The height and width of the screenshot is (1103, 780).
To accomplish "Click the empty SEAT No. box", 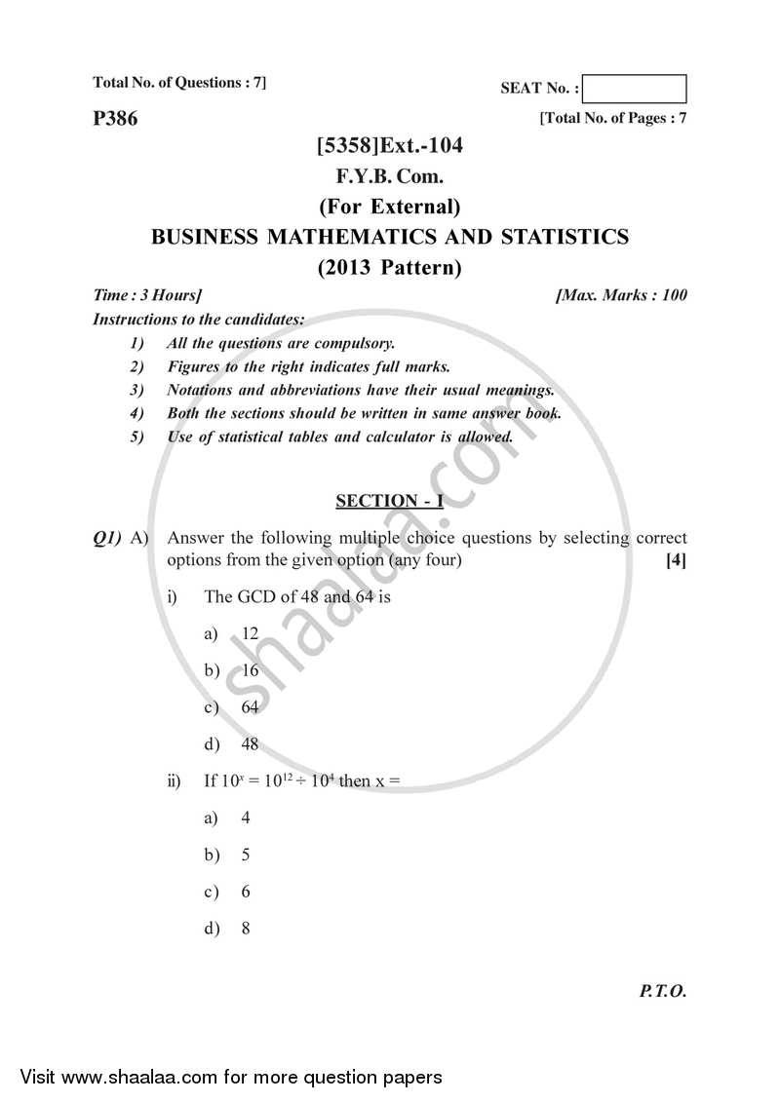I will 638,89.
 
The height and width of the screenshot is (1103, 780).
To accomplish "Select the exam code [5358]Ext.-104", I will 389,146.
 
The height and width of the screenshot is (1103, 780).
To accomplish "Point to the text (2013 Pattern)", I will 389,267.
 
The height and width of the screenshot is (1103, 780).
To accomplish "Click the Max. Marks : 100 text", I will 621,294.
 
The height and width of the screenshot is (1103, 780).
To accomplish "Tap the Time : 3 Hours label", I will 147,294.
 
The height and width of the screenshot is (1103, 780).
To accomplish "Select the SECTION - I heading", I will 389,501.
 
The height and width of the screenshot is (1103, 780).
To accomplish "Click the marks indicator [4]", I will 676,560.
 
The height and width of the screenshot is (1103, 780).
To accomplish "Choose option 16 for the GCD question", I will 250,670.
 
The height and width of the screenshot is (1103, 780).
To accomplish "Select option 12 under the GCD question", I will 250,633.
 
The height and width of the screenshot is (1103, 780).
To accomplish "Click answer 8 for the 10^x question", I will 246,929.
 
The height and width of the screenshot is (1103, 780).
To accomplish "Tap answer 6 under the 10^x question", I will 246,892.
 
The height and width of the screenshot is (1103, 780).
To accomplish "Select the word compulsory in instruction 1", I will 355,343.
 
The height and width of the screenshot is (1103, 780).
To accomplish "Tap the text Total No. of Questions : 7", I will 179,83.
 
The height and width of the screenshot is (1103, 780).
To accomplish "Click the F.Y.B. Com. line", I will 389,176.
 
